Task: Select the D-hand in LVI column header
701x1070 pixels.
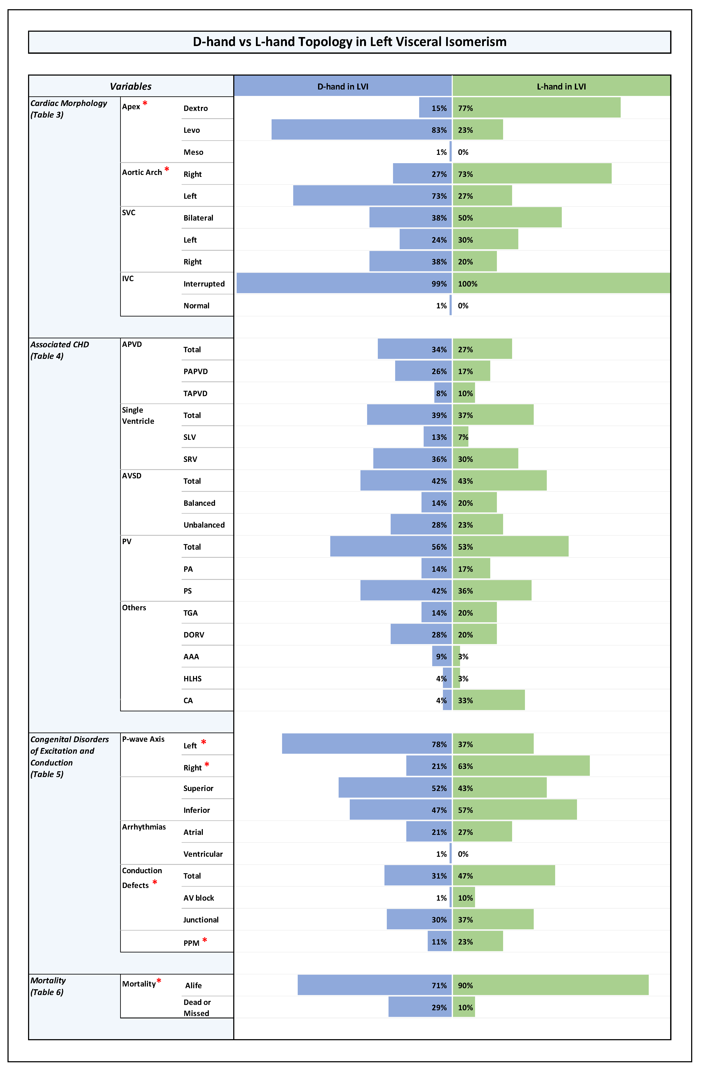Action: [x=343, y=86]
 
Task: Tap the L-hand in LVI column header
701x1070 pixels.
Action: [x=561, y=86]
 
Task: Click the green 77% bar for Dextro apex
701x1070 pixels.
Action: [x=537, y=108]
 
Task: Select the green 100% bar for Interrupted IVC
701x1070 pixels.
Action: [x=561, y=283]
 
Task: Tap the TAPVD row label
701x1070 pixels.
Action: [x=195, y=393]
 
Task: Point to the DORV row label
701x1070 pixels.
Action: [x=194, y=635]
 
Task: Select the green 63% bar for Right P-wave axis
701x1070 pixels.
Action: [x=521, y=766]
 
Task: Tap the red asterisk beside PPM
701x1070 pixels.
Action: [x=205, y=940]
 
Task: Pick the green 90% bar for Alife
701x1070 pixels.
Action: [x=550, y=985]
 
